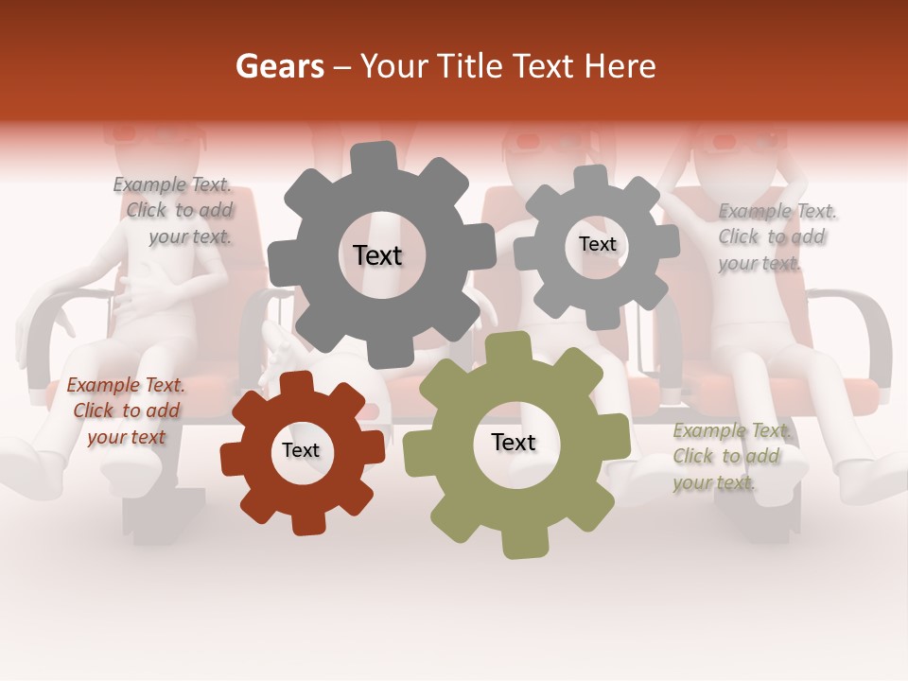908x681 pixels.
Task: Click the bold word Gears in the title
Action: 279,66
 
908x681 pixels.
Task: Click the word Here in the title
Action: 620,66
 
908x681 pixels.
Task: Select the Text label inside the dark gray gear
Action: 377,255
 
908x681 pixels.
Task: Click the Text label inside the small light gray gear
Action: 597,244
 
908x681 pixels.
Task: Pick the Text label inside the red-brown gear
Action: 301,450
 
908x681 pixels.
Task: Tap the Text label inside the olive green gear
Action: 514,443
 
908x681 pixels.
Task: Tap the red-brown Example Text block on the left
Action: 126,410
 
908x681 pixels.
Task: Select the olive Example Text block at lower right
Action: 730,457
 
